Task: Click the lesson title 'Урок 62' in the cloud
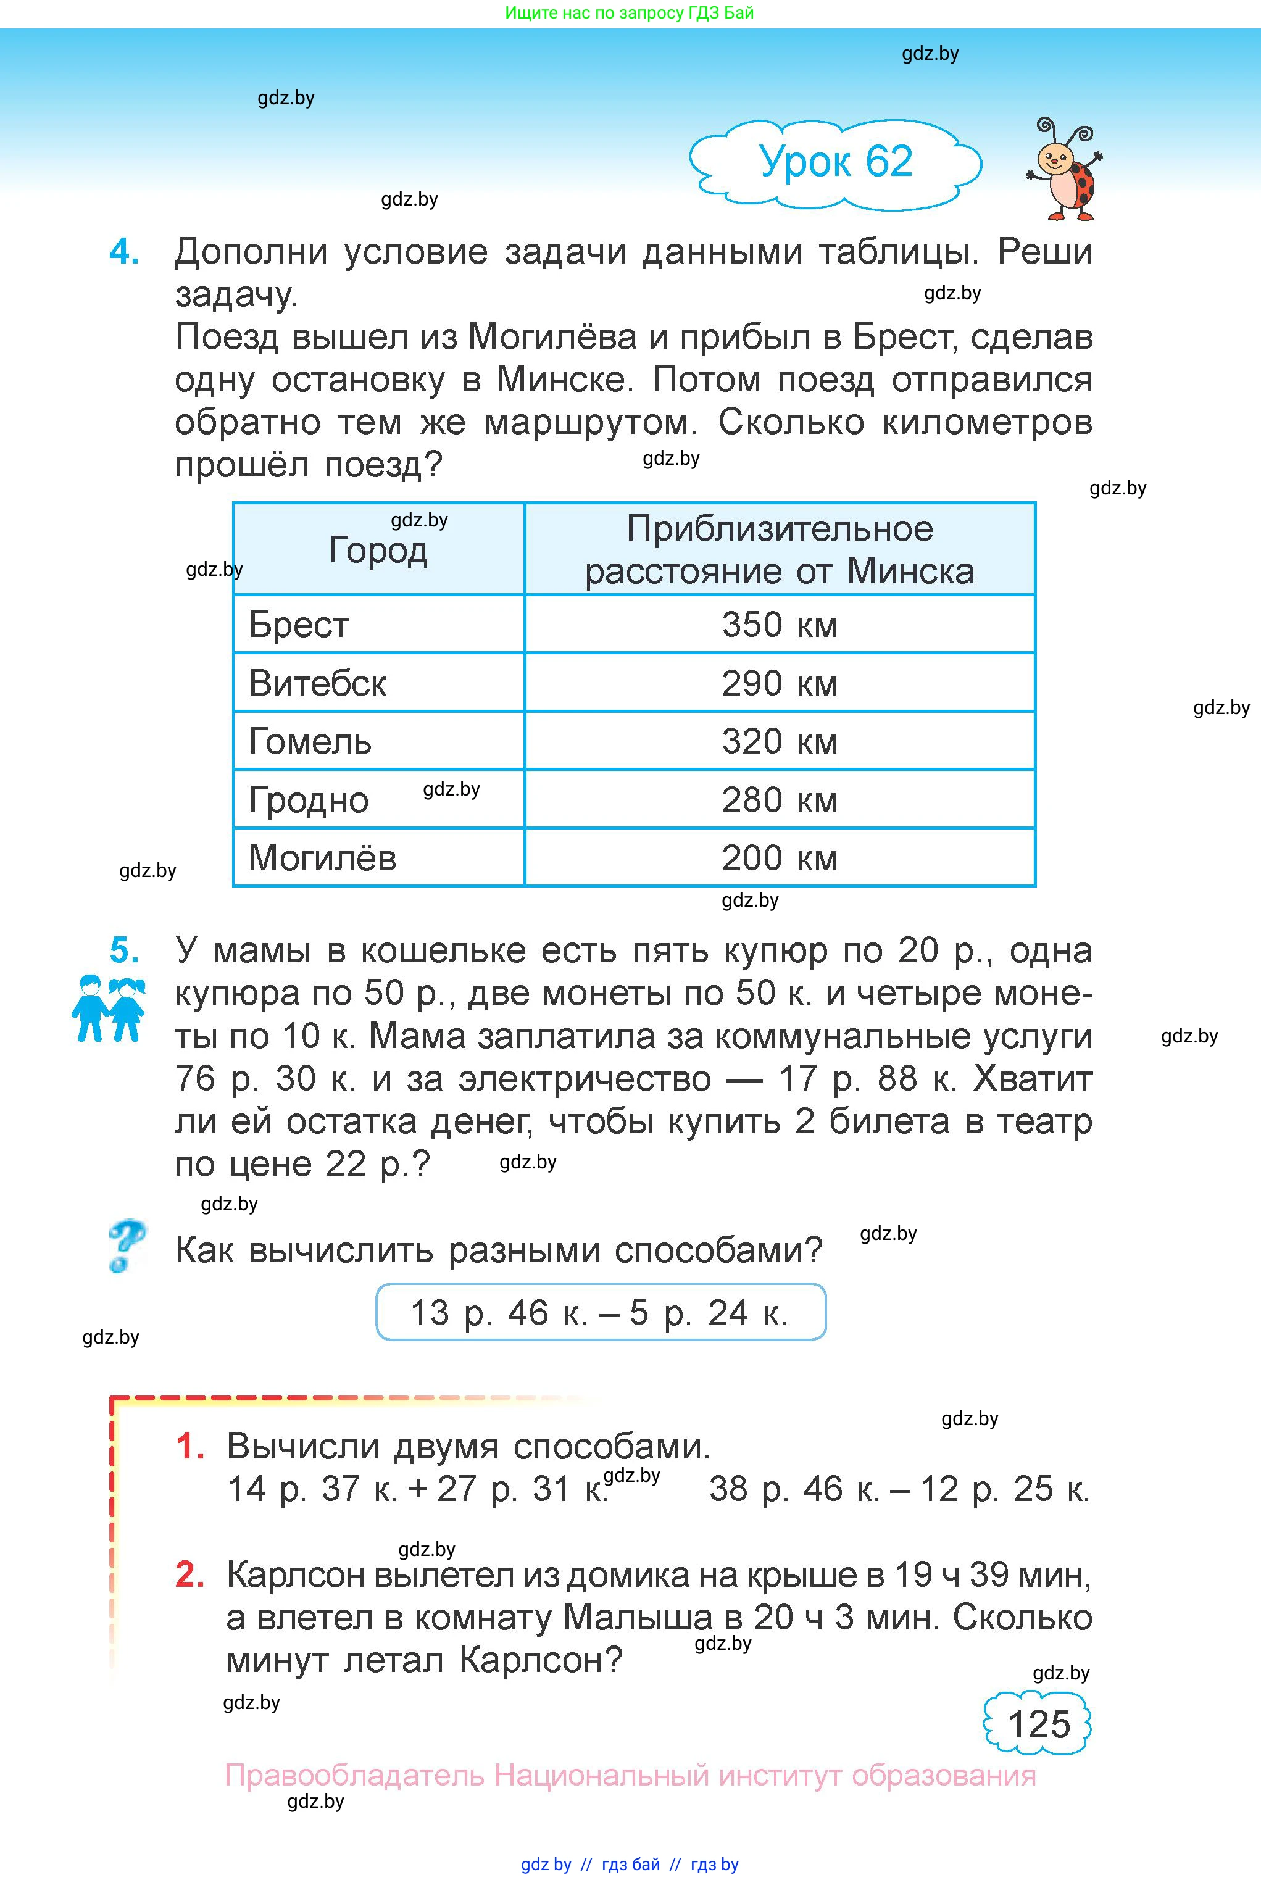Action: [836, 162]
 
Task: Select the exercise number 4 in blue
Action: [124, 252]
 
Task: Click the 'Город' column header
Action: [378, 550]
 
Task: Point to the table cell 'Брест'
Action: [299, 625]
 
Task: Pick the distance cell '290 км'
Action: [780, 683]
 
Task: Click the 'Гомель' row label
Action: [310, 741]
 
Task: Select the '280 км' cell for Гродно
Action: [780, 800]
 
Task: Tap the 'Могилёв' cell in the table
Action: [322, 858]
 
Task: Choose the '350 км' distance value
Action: [780, 625]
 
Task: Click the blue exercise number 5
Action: [124, 950]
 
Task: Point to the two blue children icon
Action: [109, 1009]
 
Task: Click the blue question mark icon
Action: [125, 1246]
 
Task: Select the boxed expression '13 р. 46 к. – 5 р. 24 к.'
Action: [600, 1312]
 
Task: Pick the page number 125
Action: [1038, 1724]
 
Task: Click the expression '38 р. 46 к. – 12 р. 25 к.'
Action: [899, 1489]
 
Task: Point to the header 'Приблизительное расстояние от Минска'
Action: [780, 550]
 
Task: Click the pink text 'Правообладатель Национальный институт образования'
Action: [630, 1774]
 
